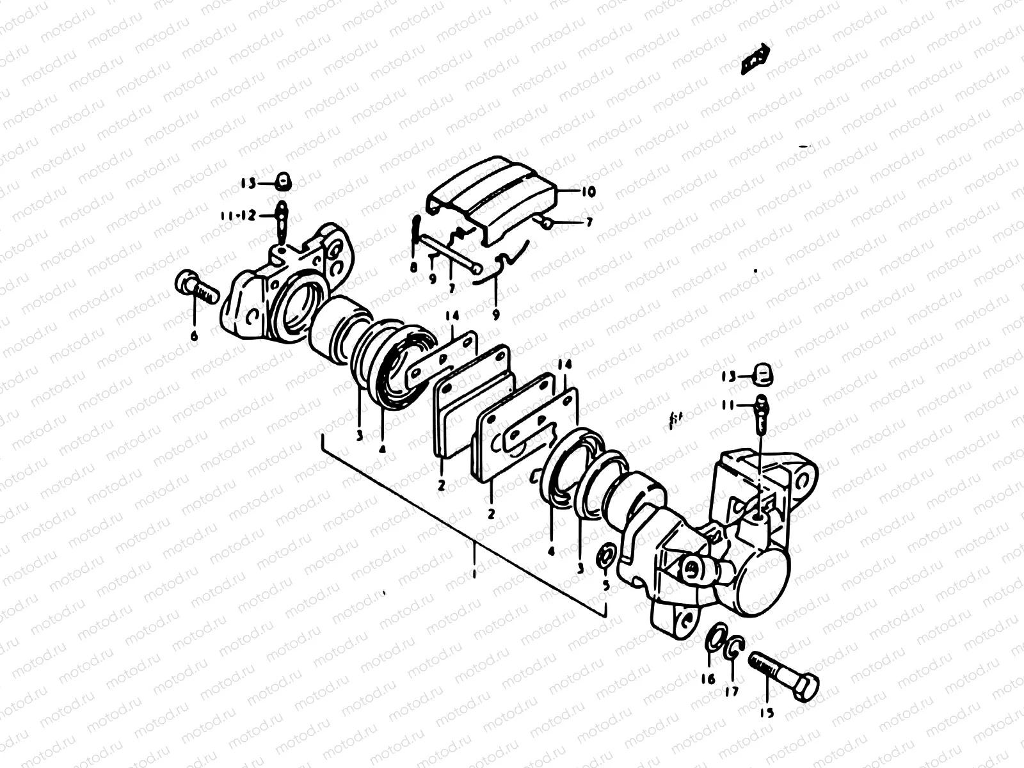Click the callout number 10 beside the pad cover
(x=588, y=191)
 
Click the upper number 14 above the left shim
(x=453, y=316)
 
